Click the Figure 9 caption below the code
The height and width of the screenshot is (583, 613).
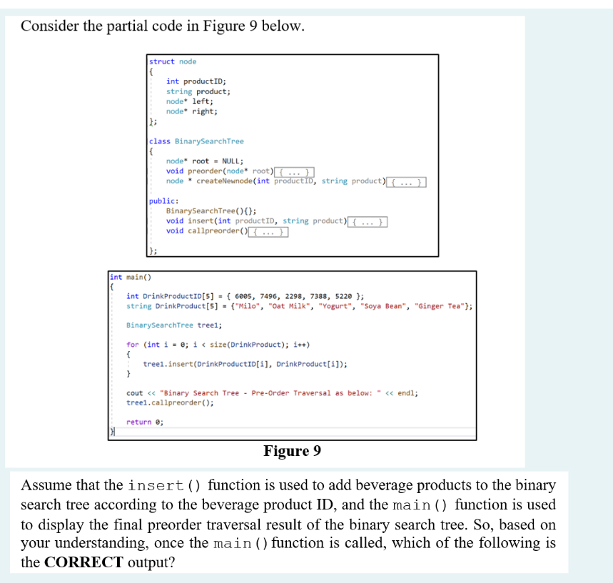292,451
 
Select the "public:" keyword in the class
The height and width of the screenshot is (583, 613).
163,201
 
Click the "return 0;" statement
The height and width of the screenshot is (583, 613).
144,422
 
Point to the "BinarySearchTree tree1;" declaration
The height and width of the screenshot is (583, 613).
174,325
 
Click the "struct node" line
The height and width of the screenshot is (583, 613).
173,61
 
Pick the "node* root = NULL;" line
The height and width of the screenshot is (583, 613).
204,161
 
